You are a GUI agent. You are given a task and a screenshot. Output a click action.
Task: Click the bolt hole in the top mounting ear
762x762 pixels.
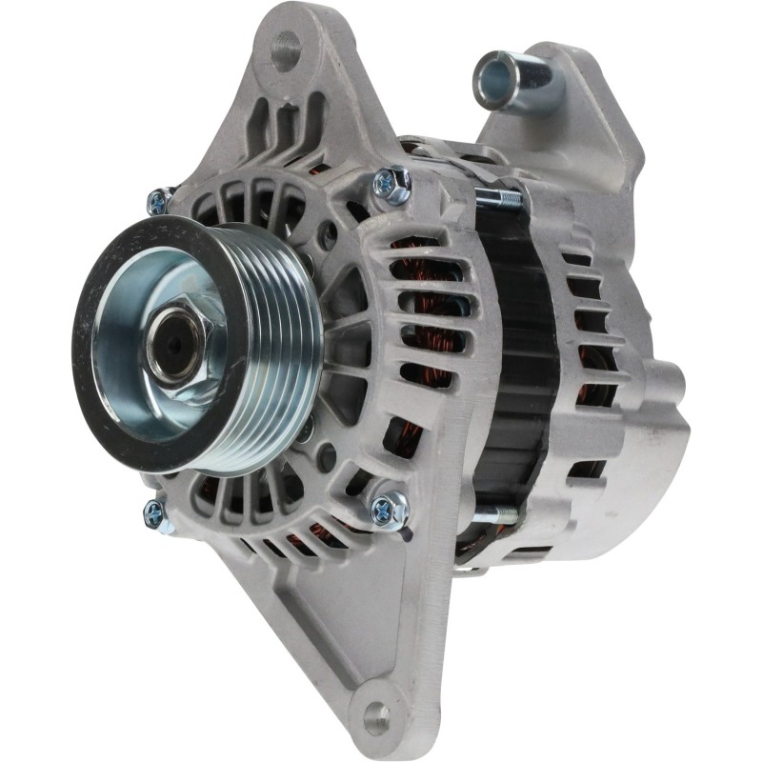[285, 50]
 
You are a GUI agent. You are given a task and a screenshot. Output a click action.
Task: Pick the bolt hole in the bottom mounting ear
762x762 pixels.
[377, 714]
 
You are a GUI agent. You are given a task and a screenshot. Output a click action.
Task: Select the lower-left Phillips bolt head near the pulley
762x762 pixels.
[153, 515]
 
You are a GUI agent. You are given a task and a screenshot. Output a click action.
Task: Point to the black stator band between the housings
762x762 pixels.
[519, 362]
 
